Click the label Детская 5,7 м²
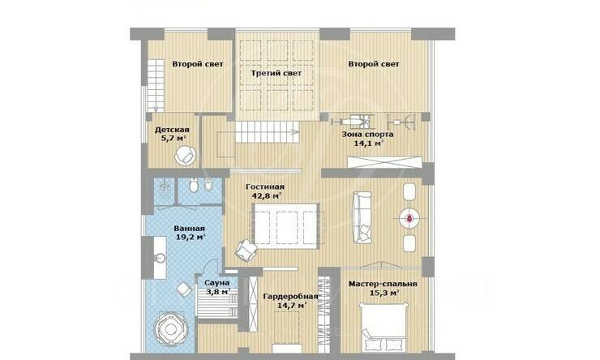point(172,134)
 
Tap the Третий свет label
point(276,73)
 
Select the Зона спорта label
point(367,139)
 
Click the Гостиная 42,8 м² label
point(265,191)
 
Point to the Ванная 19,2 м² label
point(190,233)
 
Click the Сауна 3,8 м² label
point(217,287)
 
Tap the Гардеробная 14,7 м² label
point(291,301)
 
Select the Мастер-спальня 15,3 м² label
point(383,289)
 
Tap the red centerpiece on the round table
point(409,218)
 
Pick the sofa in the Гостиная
point(362,217)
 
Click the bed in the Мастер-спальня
point(383,328)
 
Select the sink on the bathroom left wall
point(160,258)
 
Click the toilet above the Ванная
point(194,186)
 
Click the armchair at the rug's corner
point(246,251)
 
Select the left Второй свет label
point(198,64)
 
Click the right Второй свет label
point(374,64)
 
